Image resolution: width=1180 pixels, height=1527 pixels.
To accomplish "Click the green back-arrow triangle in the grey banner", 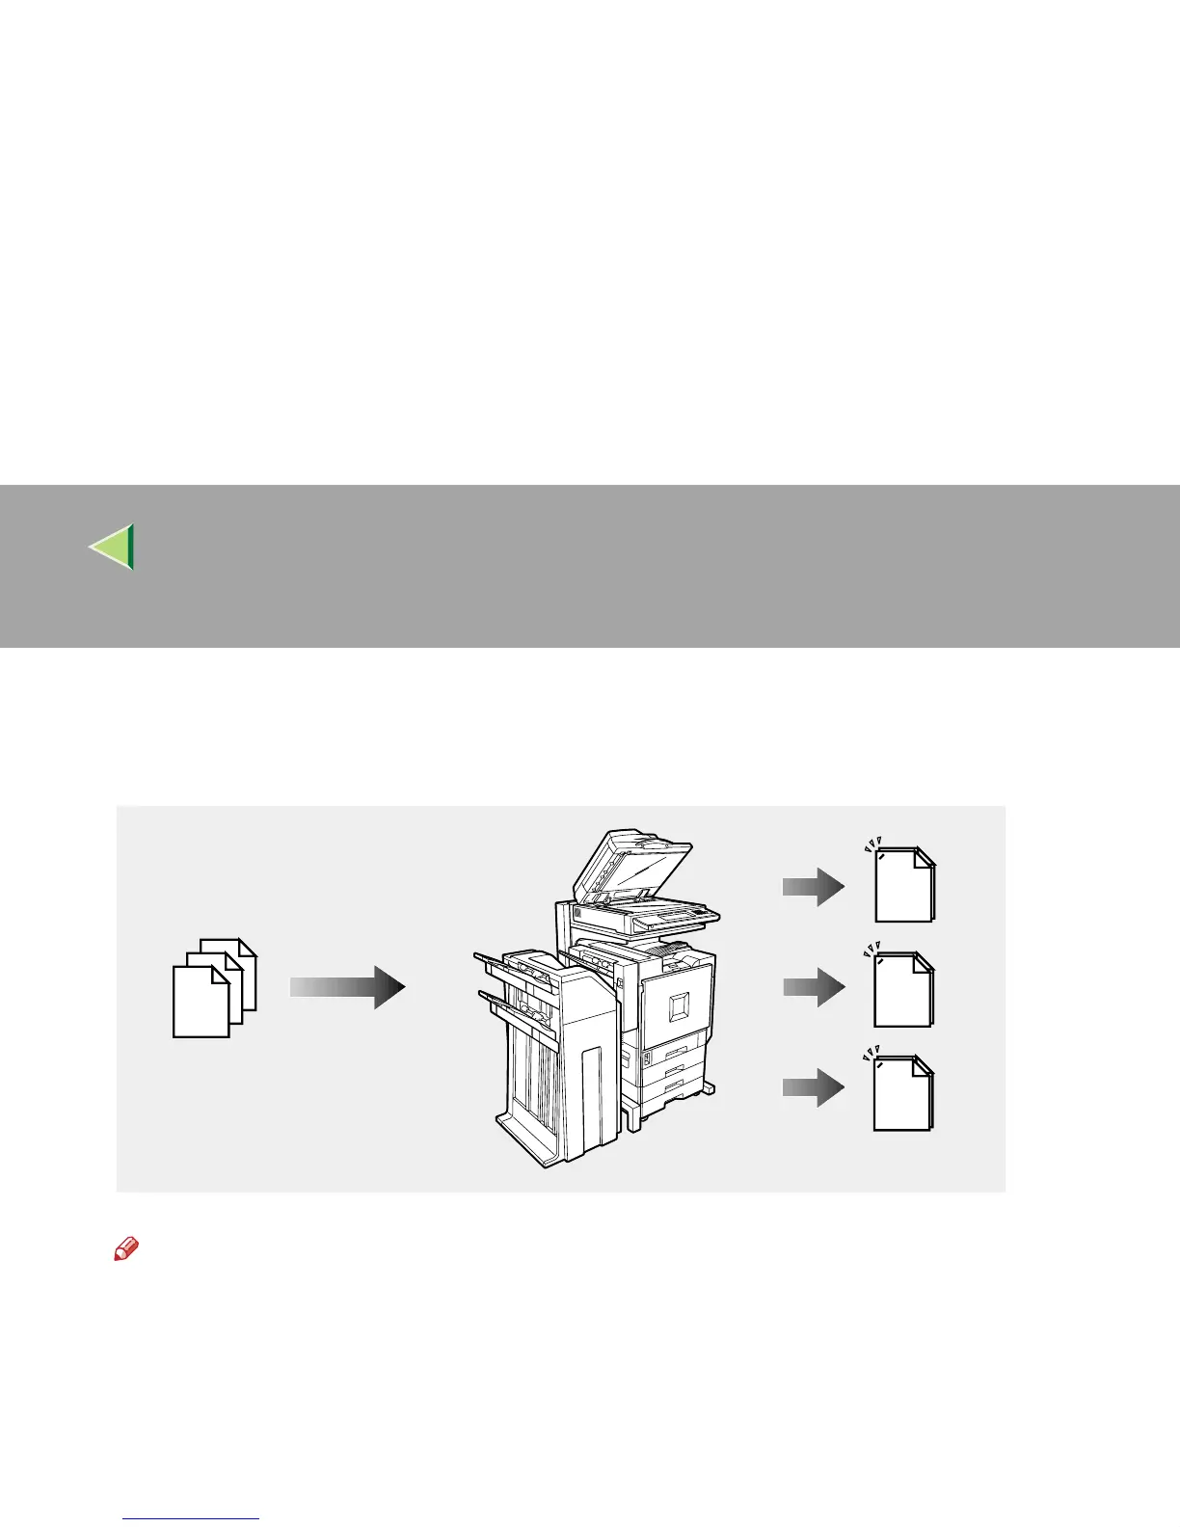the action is pyautogui.click(x=113, y=547).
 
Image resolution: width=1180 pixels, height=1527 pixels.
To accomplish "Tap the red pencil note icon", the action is pyautogui.click(x=126, y=1250).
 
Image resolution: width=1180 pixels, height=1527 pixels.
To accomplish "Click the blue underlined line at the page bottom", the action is pyautogui.click(x=191, y=1518).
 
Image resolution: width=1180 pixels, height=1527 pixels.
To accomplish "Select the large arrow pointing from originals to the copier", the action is pyautogui.click(x=347, y=987).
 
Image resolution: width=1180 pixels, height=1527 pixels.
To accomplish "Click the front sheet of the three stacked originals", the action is pyautogui.click(x=200, y=1003).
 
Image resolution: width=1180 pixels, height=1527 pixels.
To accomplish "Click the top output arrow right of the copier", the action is pyautogui.click(x=813, y=886).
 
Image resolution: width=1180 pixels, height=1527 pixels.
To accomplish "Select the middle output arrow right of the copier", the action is pyautogui.click(x=813, y=987).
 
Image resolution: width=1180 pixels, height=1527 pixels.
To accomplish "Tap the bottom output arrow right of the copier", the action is pyautogui.click(x=813, y=1087).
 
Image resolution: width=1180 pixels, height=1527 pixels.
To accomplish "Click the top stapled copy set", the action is pyautogui.click(x=904, y=885).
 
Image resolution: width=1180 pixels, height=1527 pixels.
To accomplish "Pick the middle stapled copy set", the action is pyautogui.click(x=904, y=990).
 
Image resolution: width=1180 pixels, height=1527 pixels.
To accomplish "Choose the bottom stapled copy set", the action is pyautogui.click(x=904, y=1094).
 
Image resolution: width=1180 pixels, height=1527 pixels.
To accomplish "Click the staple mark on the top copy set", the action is pyautogui.click(x=882, y=856).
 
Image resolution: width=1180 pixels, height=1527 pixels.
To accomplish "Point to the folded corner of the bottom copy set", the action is pyautogui.click(x=923, y=1065).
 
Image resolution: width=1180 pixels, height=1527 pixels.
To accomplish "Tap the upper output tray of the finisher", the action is pyautogui.click(x=511, y=964).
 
